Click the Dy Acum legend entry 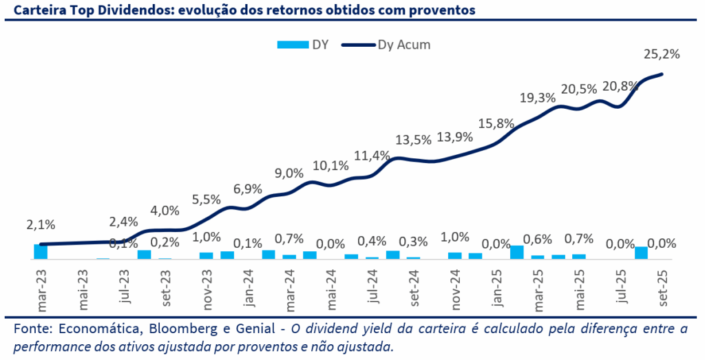[x=392, y=45]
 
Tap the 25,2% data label [x=662, y=54]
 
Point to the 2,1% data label [x=41, y=224]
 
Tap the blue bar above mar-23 [x=41, y=251]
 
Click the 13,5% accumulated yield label [x=414, y=140]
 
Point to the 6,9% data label [x=248, y=189]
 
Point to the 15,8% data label [x=496, y=124]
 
